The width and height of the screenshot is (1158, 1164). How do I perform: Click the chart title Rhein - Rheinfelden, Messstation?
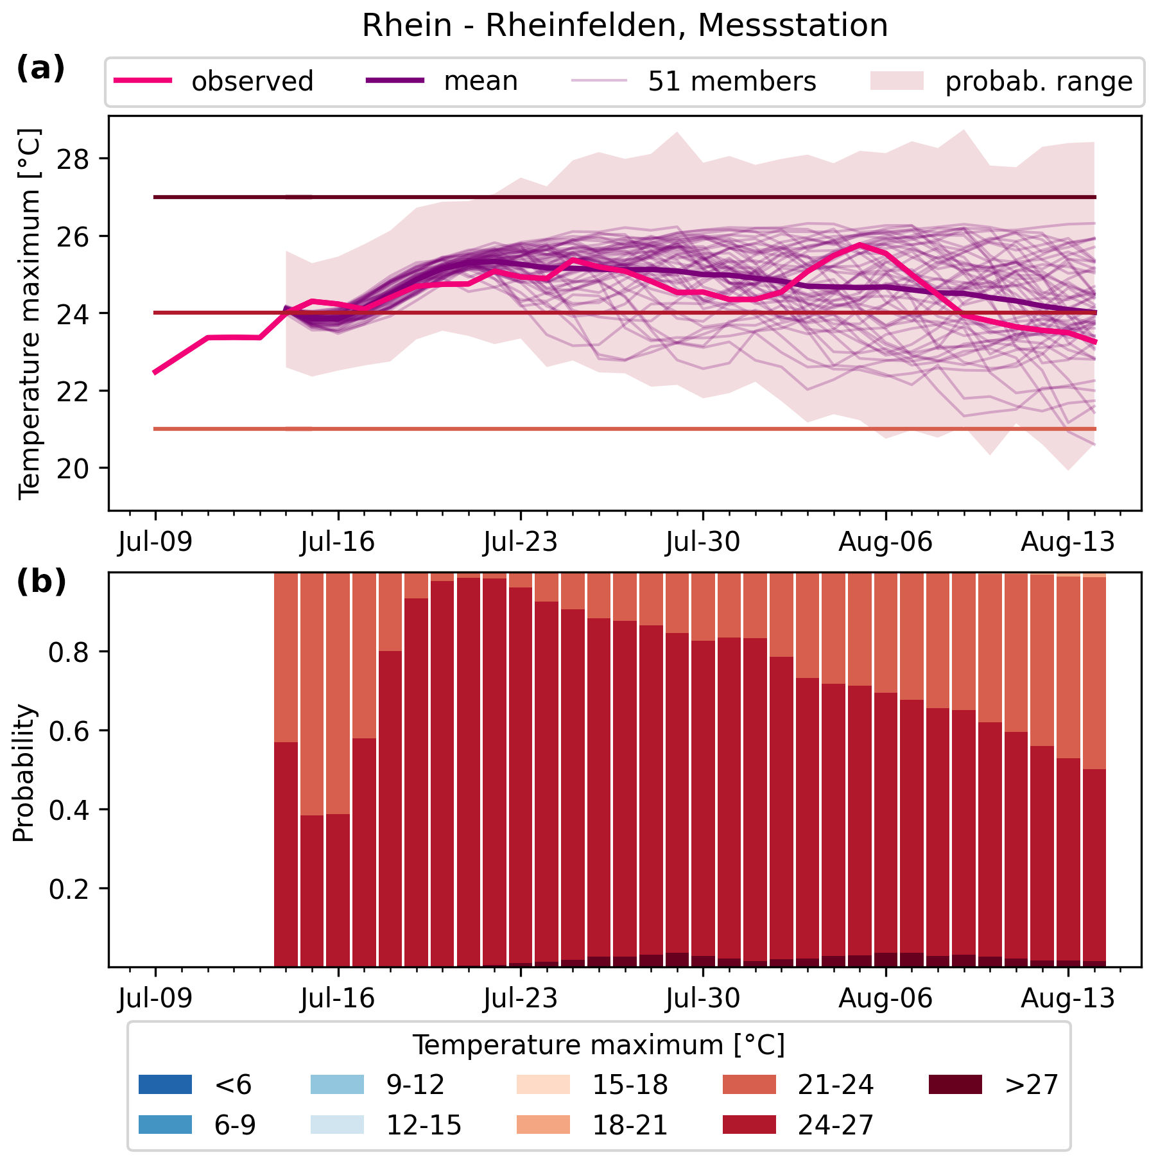click(x=625, y=26)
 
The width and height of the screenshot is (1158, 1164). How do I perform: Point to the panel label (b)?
click(x=40, y=582)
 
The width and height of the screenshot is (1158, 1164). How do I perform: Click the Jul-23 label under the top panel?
click(x=521, y=543)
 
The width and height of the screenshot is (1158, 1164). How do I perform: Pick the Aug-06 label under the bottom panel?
click(x=885, y=999)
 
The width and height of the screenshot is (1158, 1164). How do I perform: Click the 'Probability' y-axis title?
click(x=24, y=774)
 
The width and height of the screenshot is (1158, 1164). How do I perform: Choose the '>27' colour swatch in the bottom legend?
click(x=955, y=1084)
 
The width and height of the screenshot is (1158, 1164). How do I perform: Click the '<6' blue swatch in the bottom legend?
click(x=165, y=1084)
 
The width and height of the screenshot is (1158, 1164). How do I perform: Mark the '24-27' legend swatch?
click(x=749, y=1125)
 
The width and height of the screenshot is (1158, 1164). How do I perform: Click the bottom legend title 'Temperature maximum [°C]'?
click(x=598, y=1046)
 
